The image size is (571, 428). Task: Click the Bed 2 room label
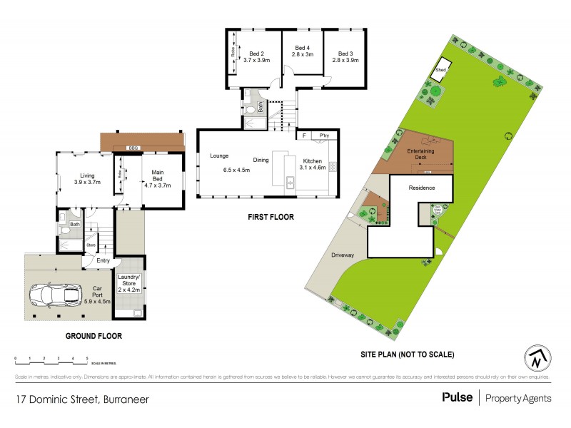257,53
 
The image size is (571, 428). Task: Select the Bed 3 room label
345,53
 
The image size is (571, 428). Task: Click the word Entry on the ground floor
103,260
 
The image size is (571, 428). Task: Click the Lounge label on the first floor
218,156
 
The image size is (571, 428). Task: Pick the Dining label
261,160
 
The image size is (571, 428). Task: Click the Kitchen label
313,160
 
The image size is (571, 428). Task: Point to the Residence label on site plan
421,188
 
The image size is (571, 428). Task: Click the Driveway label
343,255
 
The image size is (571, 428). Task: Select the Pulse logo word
457,397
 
